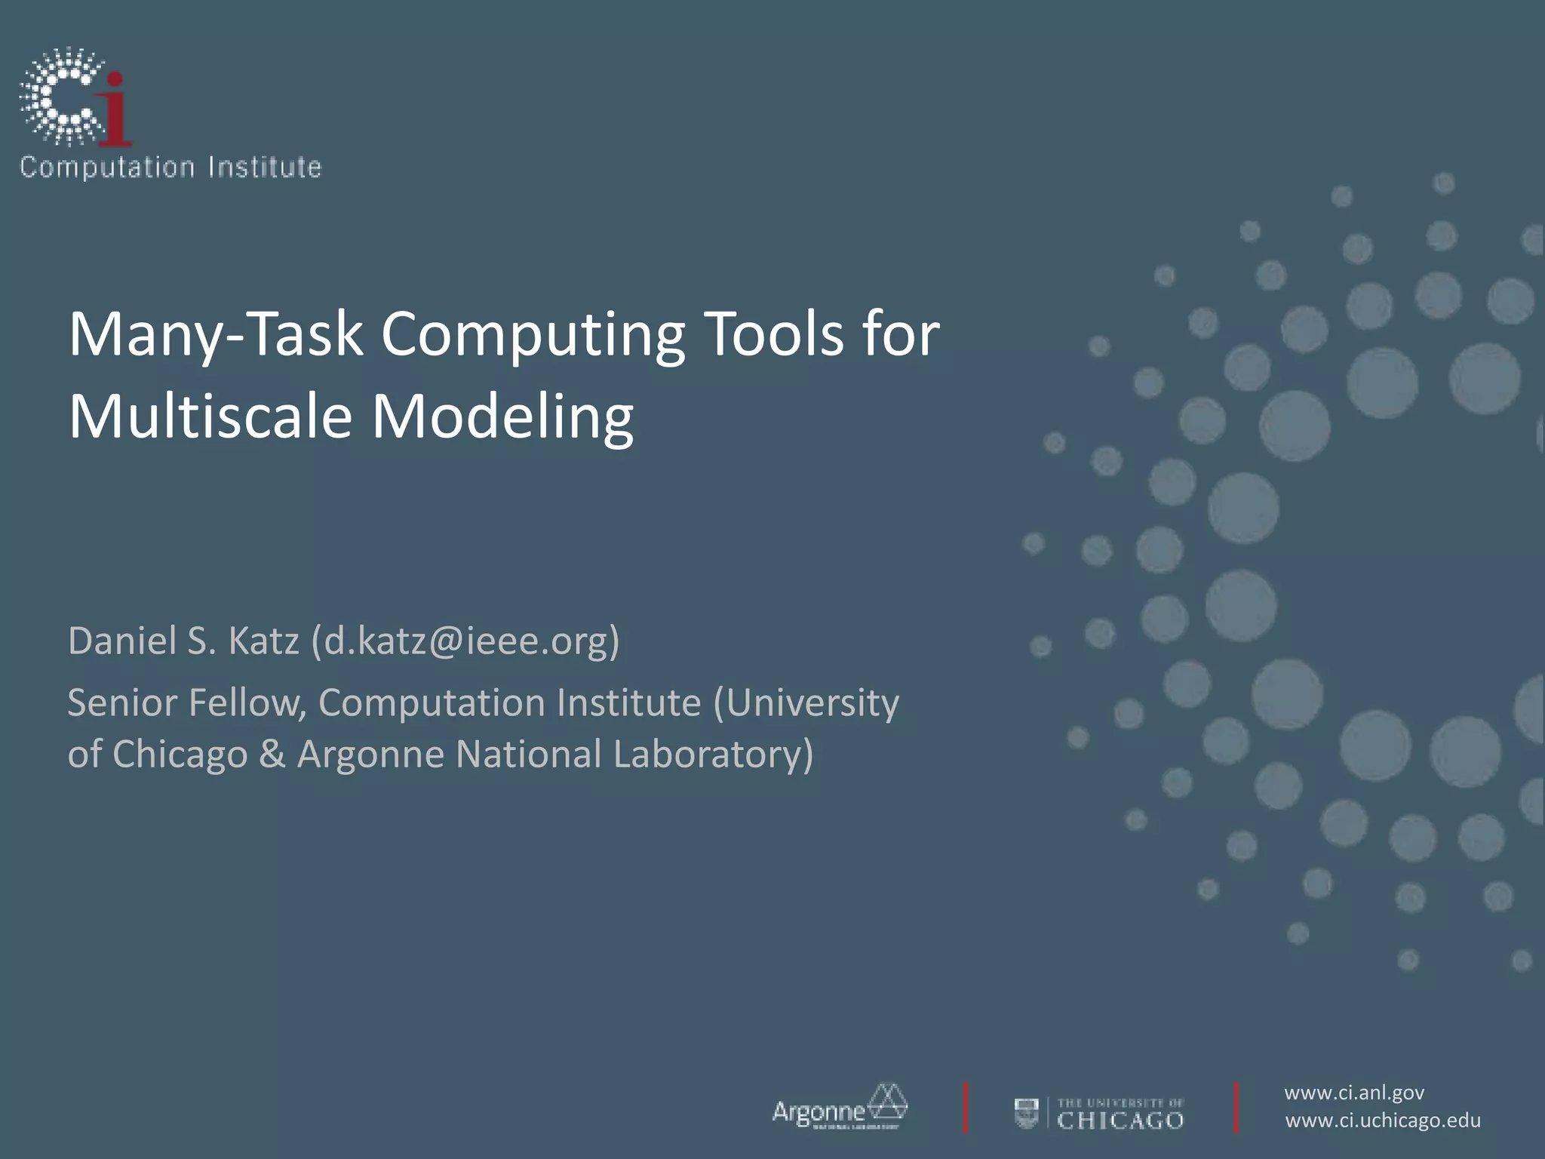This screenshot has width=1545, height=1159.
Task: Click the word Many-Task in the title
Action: click(216, 334)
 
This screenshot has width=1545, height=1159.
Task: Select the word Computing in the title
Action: click(533, 334)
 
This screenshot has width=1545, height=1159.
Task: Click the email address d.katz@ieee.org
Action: click(465, 641)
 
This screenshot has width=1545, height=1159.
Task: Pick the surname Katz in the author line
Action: click(263, 641)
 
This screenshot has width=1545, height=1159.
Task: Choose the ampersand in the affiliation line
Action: click(272, 754)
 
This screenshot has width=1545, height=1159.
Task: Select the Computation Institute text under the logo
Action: click(170, 167)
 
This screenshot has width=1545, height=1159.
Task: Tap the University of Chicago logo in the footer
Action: click(1099, 1113)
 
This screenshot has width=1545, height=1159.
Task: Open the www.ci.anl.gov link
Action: click(1354, 1093)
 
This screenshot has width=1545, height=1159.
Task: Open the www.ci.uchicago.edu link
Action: click(1383, 1121)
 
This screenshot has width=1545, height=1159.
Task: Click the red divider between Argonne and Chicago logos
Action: click(966, 1108)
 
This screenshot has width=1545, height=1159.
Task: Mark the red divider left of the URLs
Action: click(1236, 1108)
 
